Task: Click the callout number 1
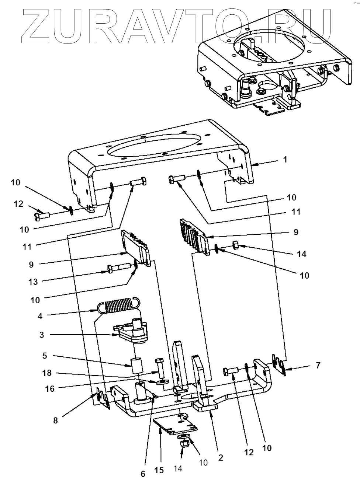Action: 285,160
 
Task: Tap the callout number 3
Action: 42,335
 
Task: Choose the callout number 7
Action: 318,366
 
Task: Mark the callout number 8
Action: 55,420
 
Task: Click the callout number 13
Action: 33,282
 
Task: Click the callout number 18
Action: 47,373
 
